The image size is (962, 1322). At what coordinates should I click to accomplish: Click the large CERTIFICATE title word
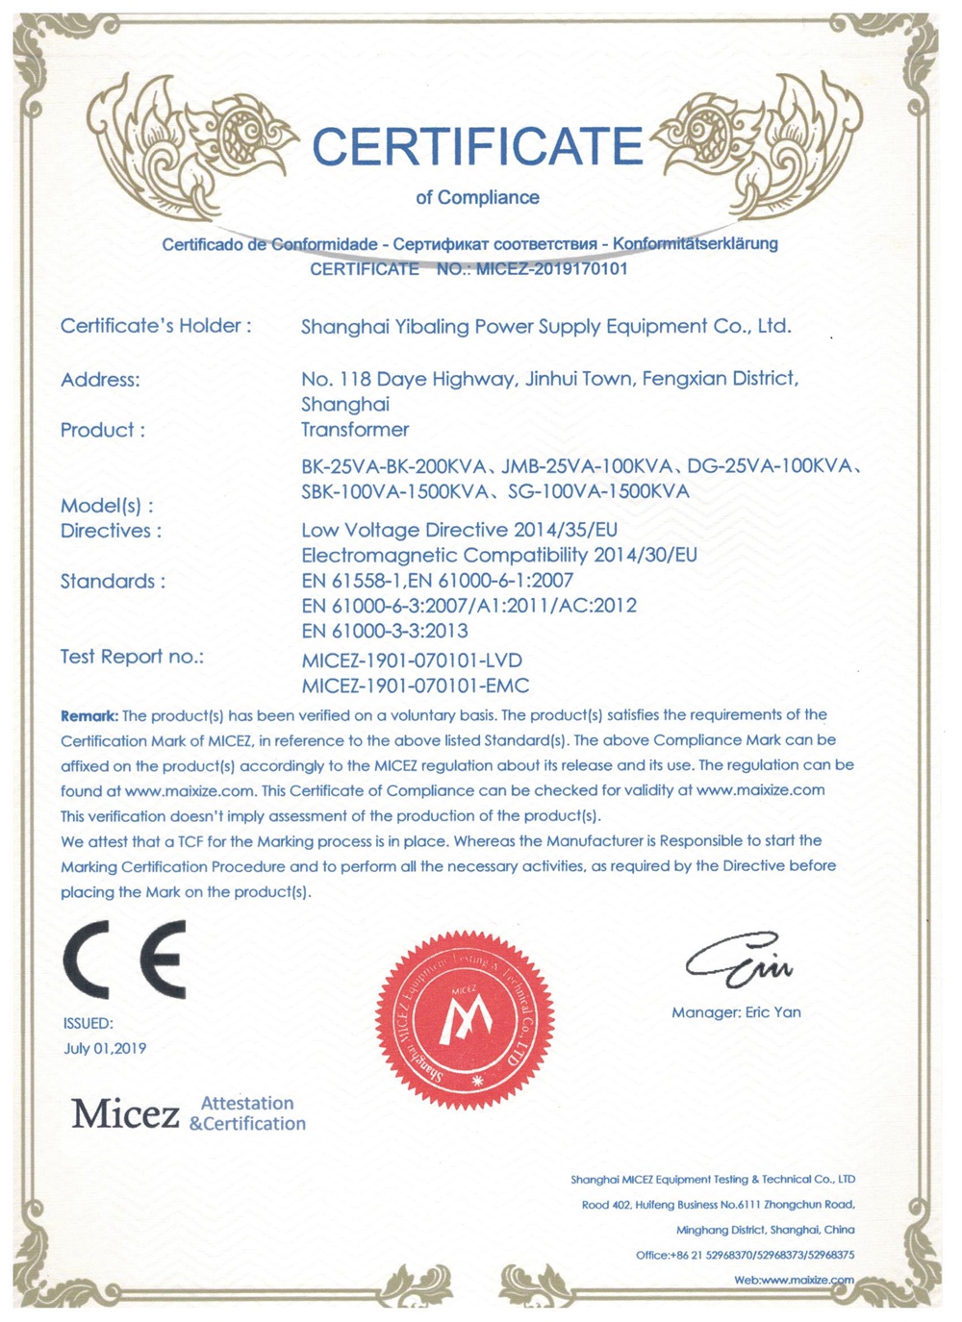tap(476, 147)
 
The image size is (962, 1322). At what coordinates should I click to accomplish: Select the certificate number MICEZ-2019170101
tap(551, 269)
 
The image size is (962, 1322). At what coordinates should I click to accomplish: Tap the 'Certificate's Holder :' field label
tap(156, 326)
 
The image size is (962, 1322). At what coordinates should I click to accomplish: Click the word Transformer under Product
tap(355, 430)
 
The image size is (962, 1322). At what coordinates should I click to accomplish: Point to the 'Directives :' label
tap(111, 531)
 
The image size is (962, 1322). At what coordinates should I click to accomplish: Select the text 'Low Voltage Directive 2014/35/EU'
tap(459, 530)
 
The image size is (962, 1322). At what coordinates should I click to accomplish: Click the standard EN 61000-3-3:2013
tap(385, 631)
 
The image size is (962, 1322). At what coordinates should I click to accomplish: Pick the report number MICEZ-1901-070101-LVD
tap(412, 661)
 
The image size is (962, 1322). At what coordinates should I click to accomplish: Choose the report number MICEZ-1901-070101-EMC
tap(415, 686)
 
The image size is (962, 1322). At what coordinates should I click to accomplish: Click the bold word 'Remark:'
tap(89, 716)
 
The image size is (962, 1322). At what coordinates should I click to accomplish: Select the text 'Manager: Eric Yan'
tap(736, 1012)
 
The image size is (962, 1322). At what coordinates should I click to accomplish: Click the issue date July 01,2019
tap(105, 1049)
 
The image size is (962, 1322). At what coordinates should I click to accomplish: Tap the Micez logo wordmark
tap(125, 1113)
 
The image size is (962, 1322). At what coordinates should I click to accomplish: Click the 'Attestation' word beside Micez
tap(247, 1104)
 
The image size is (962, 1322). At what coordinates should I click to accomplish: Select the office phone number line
tap(745, 1255)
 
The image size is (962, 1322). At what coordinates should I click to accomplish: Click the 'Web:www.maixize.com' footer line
tap(794, 1280)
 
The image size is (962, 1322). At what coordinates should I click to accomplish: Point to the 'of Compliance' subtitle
tap(477, 198)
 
